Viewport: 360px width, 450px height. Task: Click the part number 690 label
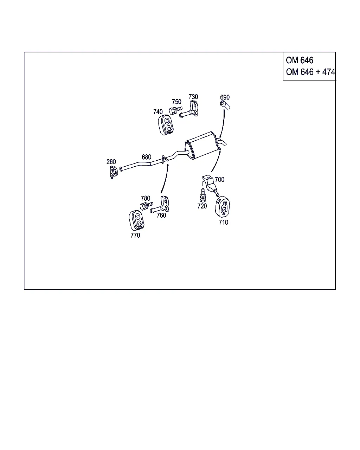click(x=225, y=97)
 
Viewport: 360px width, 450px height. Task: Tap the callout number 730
click(x=193, y=97)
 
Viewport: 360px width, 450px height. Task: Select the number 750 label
click(x=176, y=102)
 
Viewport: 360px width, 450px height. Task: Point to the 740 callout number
click(x=158, y=112)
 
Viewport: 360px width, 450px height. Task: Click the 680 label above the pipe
click(x=147, y=157)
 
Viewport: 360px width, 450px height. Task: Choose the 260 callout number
click(x=111, y=162)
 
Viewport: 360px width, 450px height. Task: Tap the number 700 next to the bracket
click(x=219, y=179)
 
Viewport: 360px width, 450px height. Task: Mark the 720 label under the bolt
click(x=202, y=206)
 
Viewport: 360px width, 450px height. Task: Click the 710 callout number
click(x=223, y=222)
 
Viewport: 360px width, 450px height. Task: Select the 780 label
click(x=146, y=198)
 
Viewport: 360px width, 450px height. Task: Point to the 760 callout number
click(x=161, y=215)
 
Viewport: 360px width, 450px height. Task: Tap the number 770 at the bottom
click(x=135, y=235)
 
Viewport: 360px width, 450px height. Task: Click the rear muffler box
click(x=201, y=145)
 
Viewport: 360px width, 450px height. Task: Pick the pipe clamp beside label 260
click(x=114, y=172)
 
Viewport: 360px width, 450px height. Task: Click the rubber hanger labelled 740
click(x=166, y=125)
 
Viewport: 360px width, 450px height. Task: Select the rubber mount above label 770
click(x=137, y=220)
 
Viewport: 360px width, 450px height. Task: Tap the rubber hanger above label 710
click(x=223, y=206)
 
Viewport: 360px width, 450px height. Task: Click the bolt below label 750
click(x=175, y=110)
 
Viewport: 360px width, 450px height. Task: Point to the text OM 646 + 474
click(x=310, y=72)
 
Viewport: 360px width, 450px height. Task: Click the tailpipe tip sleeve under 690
click(x=225, y=105)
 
